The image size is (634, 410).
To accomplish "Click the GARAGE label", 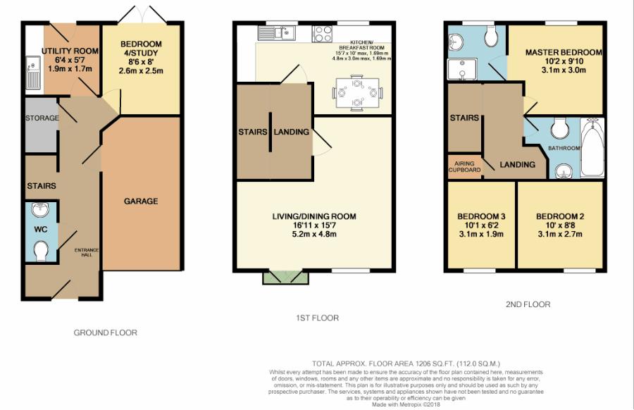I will [141, 201].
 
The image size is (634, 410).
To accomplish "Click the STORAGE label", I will [42, 118].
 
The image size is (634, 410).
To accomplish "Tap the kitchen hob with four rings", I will [323, 33].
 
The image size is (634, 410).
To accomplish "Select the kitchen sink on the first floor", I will [283, 32].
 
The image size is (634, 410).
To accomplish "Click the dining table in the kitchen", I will [358, 92].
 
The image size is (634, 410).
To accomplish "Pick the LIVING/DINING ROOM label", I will [314, 216].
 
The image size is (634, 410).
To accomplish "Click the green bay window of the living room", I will [285, 276].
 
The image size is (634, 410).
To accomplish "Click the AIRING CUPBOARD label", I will [464, 166].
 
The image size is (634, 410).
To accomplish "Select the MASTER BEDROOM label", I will [564, 53].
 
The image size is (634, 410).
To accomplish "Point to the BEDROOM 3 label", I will [481, 216].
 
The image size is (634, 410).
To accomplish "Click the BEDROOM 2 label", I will [560, 216].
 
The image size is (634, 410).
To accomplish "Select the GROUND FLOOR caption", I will [106, 333].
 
